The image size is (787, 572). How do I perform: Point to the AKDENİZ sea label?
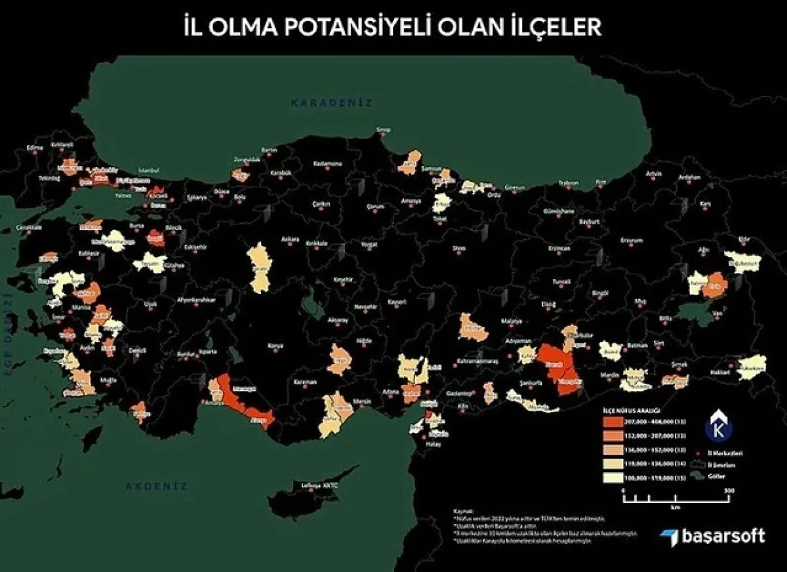coord(157,486)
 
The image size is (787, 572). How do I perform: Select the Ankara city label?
coord(291,239)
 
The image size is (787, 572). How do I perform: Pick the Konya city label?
coord(276,346)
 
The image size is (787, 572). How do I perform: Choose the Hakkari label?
coord(719,372)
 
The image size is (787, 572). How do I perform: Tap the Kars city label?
coord(706,204)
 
